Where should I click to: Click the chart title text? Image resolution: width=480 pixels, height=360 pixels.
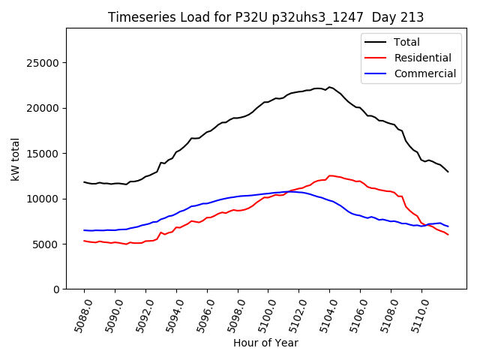(x=265, y=17)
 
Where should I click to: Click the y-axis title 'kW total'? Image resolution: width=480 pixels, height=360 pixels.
(x=16, y=158)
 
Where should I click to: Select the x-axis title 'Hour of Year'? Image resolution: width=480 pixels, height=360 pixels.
(x=265, y=343)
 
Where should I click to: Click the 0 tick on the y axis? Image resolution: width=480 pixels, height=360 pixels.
(x=56, y=289)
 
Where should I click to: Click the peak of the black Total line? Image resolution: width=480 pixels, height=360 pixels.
(x=330, y=87)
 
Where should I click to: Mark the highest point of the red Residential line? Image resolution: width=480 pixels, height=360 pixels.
(x=330, y=175)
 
